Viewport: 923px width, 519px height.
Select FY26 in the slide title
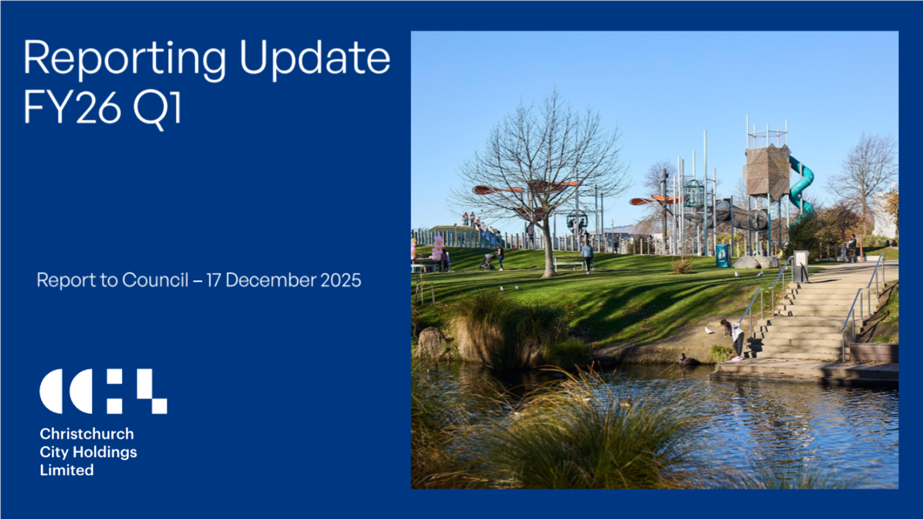click(x=72, y=108)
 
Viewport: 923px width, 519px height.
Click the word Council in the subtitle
click(x=155, y=280)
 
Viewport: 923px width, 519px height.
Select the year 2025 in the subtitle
click(x=341, y=280)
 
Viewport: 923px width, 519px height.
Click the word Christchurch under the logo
click(x=86, y=434)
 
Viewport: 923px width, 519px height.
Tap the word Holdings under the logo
click(x=105, y=452)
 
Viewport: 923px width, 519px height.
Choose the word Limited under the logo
click(x=67, y=470)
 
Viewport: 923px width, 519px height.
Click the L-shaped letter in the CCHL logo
click(x=151, y=391)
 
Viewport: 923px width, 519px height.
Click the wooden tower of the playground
click(x=767, y=172)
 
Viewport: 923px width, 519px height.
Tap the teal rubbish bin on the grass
click(x=722, y=256)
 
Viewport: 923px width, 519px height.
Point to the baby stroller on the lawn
click(x=488, y=262)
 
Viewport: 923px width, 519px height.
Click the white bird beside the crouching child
click(x=710, y=331)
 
